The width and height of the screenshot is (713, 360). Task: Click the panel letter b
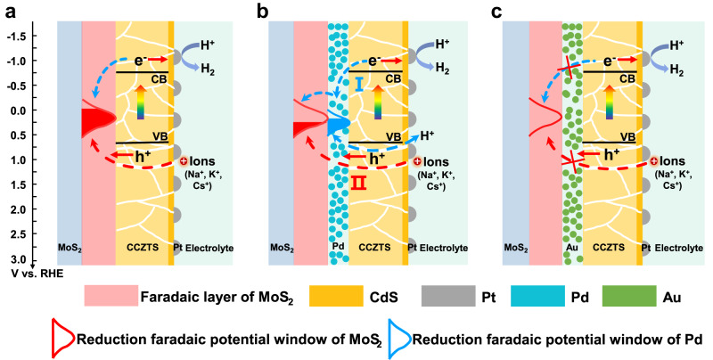point(260,10)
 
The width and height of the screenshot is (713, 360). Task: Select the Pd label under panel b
point(337,247)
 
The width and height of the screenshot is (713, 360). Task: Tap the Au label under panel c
point(570,247)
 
